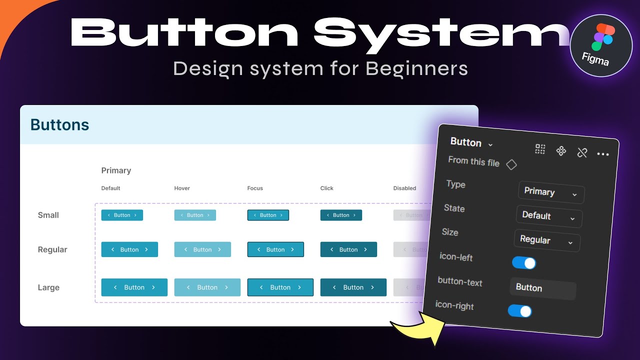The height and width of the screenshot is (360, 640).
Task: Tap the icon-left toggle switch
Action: [x=523, y=262]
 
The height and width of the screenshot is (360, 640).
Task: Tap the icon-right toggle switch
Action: [x=519, y=311]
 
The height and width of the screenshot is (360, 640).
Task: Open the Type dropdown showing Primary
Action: [x=551, y=192]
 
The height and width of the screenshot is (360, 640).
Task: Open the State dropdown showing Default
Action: [x=549, y=216]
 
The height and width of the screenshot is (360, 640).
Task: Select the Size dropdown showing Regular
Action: [x=547, y=240]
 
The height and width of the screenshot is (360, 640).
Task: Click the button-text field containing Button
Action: [x=543, y=288]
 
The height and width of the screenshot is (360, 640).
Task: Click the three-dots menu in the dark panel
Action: [x=603, y=154]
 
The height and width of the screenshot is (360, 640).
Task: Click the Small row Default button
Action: [x=122, y=215]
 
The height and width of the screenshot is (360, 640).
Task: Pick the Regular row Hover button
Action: [x=202, y=249]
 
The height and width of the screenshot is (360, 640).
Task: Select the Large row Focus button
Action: [x=280, y=287]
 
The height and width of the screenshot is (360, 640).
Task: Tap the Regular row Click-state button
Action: [x=348, y=249]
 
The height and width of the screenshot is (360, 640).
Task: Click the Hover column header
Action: [x=182, y=188]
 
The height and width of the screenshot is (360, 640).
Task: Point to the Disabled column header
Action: [x=404, y=188]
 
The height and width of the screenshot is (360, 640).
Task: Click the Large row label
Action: [x=48, y=287]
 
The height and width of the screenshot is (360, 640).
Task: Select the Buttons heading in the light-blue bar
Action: [x=59, y=124]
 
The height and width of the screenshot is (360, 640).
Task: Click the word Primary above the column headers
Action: [x=116, y=170]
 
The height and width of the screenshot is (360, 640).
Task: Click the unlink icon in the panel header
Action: [x=581, y=152]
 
